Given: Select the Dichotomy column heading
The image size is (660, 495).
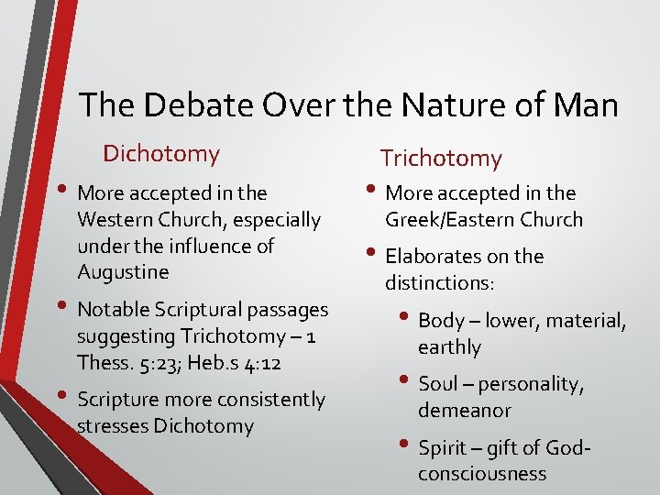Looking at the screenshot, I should (161, 153).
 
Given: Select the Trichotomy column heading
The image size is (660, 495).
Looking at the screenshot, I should (441, 159).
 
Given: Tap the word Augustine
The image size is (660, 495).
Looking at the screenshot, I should (124, 272).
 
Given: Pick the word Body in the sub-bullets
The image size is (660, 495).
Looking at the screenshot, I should (442, 320).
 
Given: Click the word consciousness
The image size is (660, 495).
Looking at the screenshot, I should (482, 474).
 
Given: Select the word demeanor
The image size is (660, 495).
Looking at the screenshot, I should (465, 410).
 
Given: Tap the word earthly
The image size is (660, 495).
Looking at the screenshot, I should (449, 346).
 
